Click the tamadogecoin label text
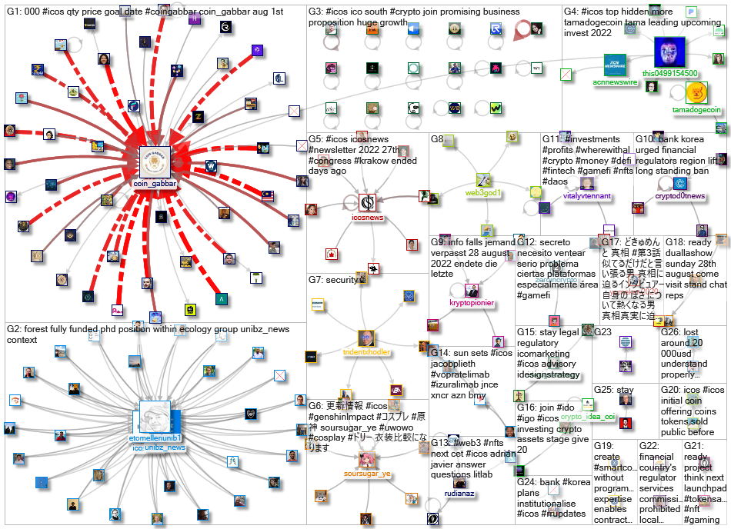coord(696,111)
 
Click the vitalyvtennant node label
coord(587,196)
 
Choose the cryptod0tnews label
coord(679,196)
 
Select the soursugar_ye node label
coord(367,474)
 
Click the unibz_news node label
coord(165,447)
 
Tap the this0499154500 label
coord(670,74)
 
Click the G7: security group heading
coord(334,281)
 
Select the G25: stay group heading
coord(614,390)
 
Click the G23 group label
coord(602,332)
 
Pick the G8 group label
coord(437,139)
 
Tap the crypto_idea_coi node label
coord(588,417)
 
